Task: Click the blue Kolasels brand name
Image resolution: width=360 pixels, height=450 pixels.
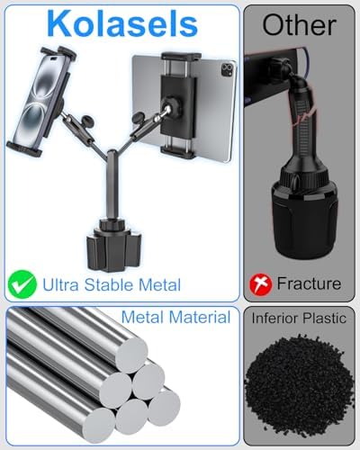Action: (122, 24)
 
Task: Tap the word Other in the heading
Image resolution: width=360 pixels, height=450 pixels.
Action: (299, 25)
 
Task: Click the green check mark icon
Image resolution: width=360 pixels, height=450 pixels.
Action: (22, 284)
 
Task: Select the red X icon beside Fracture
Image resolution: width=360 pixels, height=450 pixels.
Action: (261, 284)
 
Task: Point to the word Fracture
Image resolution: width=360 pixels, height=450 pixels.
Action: (309, 283)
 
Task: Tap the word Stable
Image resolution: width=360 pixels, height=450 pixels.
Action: (109, 284)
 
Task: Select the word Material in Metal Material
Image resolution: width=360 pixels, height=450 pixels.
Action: (200, 317)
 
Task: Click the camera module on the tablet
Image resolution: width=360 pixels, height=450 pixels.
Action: (228, 70)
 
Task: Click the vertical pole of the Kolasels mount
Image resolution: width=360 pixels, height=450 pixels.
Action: (111, 186)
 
